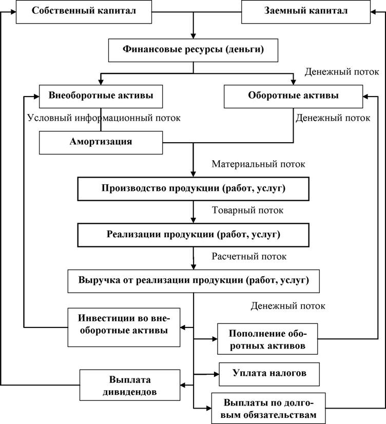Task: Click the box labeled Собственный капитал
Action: [84, 12]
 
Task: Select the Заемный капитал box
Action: [306, 12]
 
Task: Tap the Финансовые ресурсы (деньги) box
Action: [193, 50]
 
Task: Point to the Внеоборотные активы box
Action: [101, 97]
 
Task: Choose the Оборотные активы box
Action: [293, 97]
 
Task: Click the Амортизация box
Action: [101, 143]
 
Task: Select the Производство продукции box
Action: [194, 189]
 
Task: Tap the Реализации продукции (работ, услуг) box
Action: [194, 235]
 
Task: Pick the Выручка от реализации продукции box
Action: [194, 281]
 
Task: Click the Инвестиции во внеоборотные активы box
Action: [124, 327]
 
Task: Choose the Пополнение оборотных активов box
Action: [267, 339]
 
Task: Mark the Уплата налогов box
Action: [269, 374]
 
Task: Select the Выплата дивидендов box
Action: [130, 385]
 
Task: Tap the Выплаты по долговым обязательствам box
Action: [268, 408]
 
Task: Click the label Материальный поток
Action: [258, 164]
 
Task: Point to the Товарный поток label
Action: [247, 210]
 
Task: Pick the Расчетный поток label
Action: [249, 256]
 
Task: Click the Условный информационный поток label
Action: [104, 118]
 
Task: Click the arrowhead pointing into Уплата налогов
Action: [216, 374]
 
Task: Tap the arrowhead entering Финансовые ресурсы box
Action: [193, 36]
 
